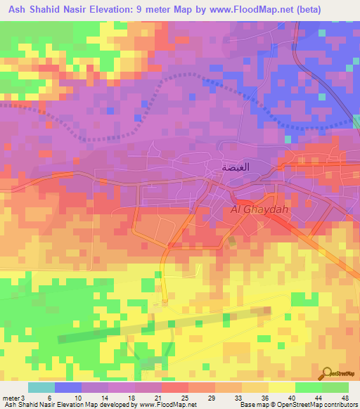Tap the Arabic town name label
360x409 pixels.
coord(236,168)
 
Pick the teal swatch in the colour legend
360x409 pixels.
coord(41,387)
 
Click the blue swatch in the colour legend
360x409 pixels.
coord(68,387)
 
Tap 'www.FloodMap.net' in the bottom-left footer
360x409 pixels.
coord(168,405)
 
